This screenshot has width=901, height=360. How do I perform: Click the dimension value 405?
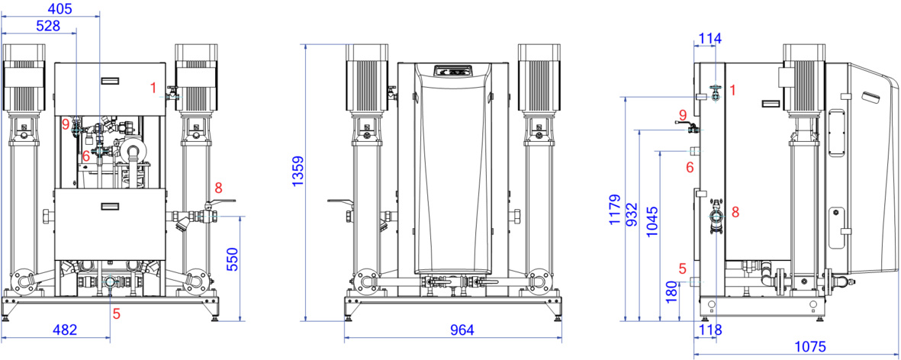(60, 8)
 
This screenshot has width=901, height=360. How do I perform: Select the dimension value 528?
(49, 26)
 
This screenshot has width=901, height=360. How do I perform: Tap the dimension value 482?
(65, 330)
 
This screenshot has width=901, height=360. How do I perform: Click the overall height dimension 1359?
(297, 171)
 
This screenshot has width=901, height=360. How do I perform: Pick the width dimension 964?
(462, 330)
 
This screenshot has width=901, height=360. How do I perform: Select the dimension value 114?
(710, 38)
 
